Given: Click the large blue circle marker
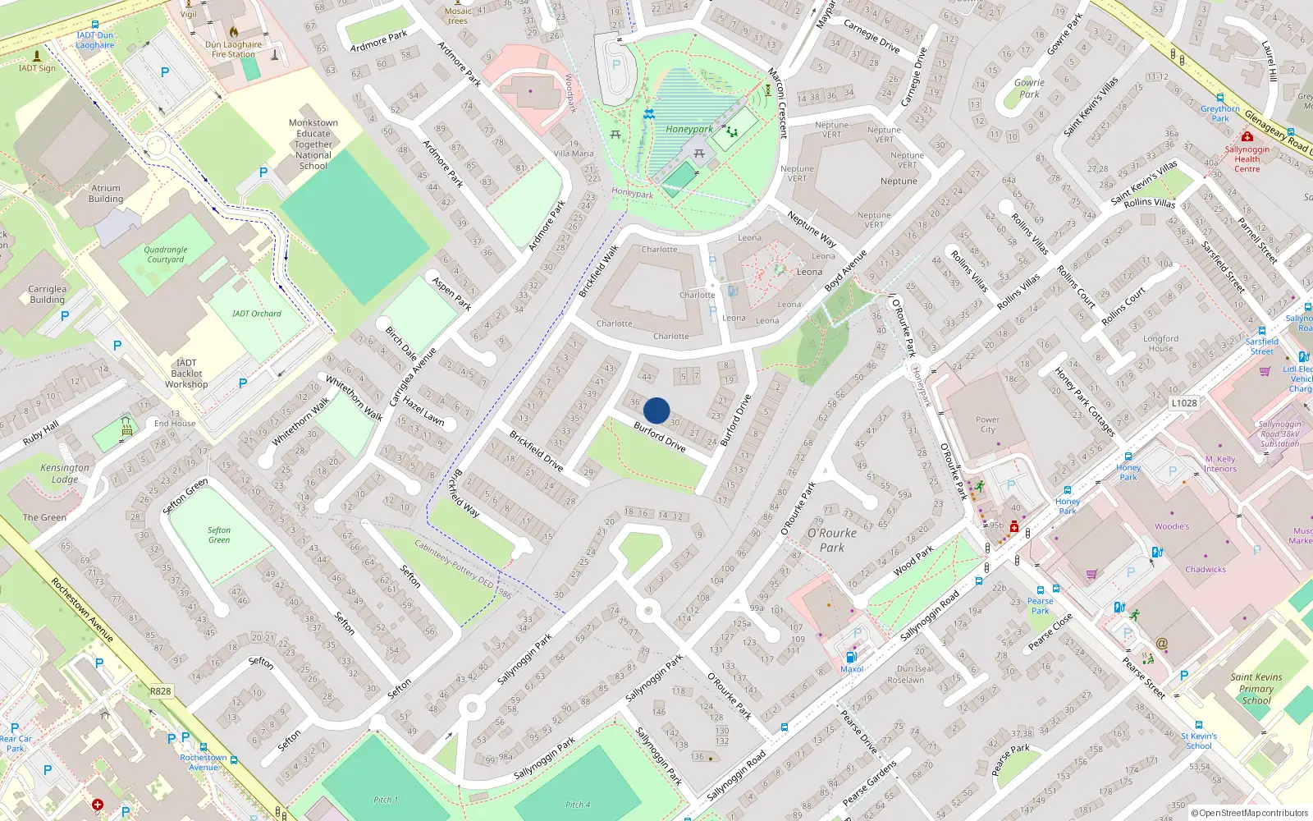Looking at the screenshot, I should click(656, 410).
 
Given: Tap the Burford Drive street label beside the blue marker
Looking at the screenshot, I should click(660, 438).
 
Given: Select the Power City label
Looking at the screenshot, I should click(987, 424).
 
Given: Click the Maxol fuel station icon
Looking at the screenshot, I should click(851, 657).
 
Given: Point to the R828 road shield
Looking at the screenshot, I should click(160, 691).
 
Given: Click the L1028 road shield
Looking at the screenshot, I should click(1184, 403).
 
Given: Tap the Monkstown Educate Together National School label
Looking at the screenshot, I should click(313, 144).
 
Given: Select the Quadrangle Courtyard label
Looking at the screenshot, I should click(165, 255).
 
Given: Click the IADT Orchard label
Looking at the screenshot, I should click(256, 314).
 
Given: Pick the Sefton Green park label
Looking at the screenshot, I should click(219, 535).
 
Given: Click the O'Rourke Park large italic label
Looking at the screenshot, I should click(831, 540).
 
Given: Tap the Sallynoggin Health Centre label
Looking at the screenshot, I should click(1247, 159).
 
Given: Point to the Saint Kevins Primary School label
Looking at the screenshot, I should click(1256, 689).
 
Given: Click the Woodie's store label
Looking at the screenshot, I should click(1172, 527).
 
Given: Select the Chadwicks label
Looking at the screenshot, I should click(1205, 570).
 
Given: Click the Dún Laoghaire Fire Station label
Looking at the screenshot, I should click(234, 50).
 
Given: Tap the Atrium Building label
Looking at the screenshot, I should click(106, 194).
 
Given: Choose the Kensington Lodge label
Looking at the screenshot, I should click(65, 474).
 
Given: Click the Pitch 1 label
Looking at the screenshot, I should click(386, 800).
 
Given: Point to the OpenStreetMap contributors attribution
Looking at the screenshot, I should click(1249, 814).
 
